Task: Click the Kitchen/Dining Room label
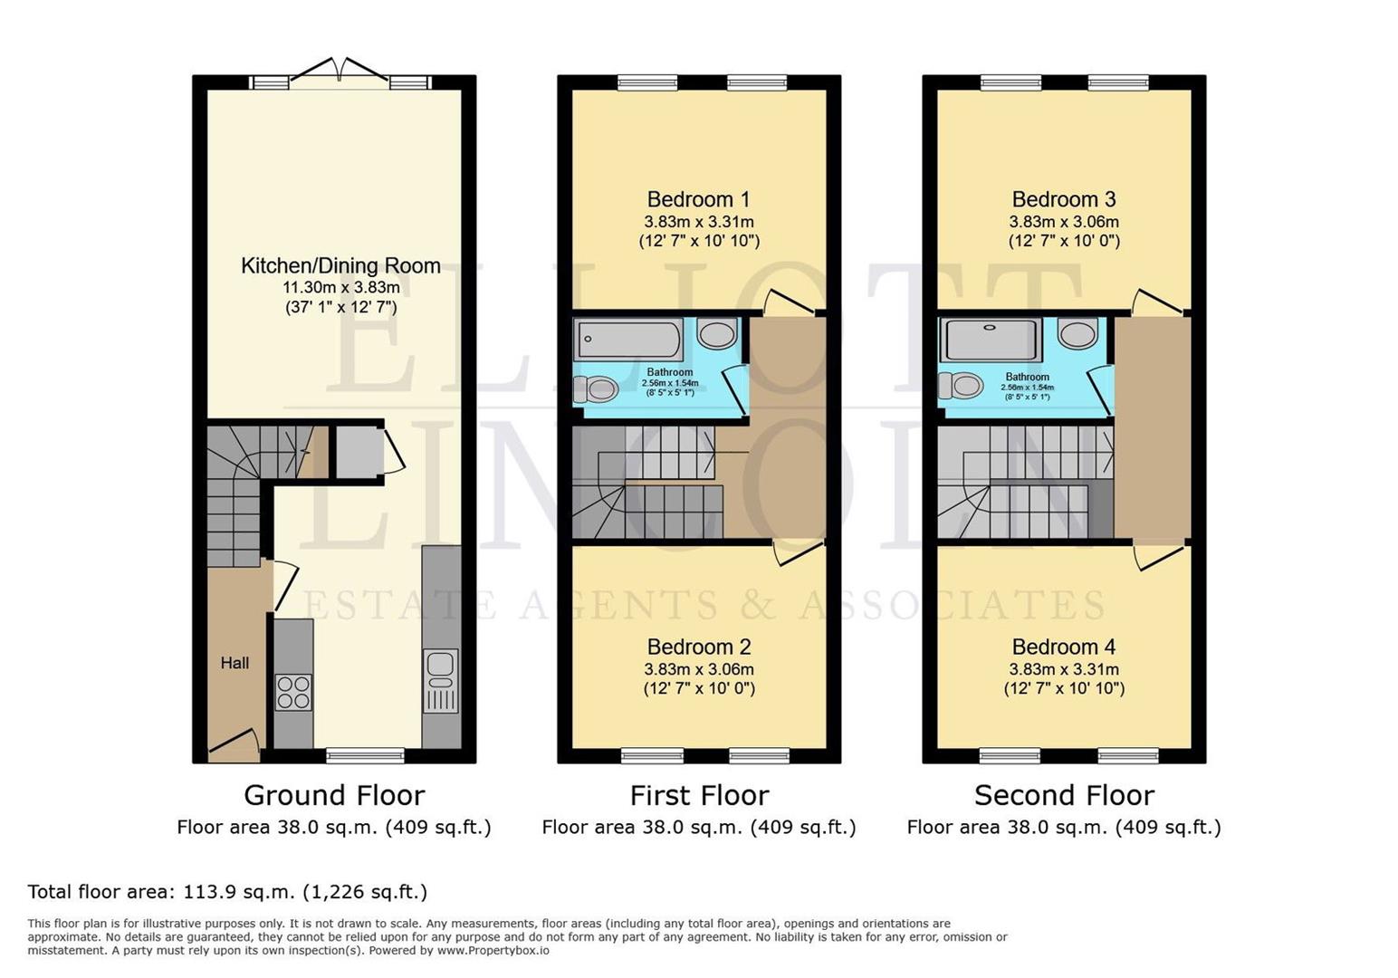(x=340, y=266)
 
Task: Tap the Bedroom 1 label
(x=698, y=199)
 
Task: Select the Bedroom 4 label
(x=1063, y=647)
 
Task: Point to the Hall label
(x=235, y=663)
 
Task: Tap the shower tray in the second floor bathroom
(x=991, y=340)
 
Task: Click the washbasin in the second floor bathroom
(x=1077, y=334)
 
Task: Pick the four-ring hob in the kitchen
(x=293, y=692)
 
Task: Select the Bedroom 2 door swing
(x=797, y=552)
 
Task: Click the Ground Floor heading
(x=334, y=795)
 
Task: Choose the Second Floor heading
(x=1064, y=795)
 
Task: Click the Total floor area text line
(x=227, y=892)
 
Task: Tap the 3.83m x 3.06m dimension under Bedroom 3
(x=1063, y=222)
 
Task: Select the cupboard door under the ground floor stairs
(x=394, y=450)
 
